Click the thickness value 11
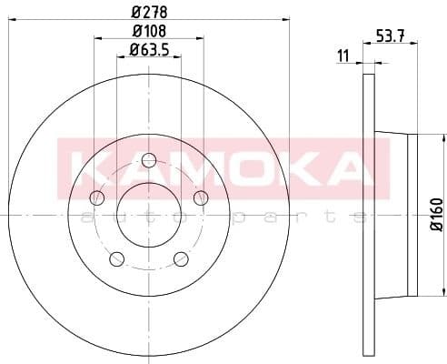[x=343, y=56]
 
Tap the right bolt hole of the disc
[x=201, y=198]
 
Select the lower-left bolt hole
[x=117, y=258]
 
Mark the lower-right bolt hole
[x=181, y=258]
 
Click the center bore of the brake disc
[x=149, y=215]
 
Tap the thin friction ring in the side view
[x=368, y=215]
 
